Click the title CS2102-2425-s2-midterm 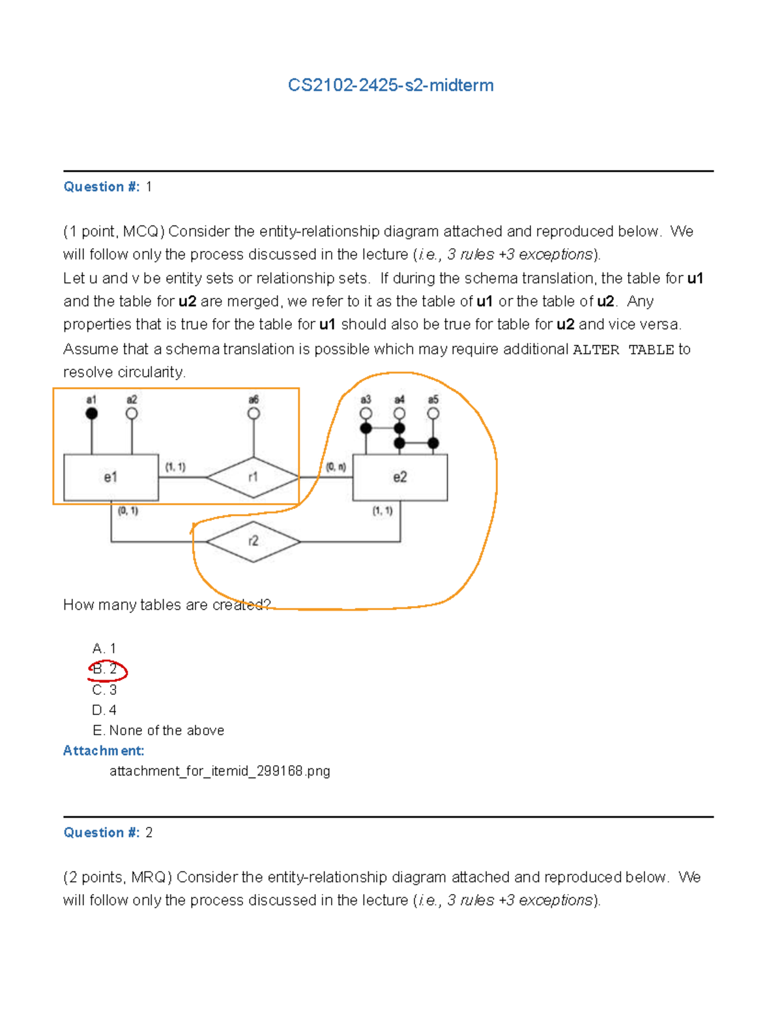(390, 85)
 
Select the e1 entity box (111, 478)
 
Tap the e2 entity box (399, 478)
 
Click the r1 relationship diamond (253, 478)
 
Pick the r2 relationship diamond (253, 542)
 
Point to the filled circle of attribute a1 (92, 413)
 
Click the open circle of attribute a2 (132, 413)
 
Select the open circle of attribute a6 (253, 413)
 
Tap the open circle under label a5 (433, 413)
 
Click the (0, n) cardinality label (336, 467)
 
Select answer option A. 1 (104, 648)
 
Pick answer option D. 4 (104, 710)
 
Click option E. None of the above (158, 730)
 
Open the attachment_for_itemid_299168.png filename (220, 772)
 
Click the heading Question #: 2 (108, 833)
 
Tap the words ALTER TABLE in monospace (623, 350)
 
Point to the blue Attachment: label (104, 751)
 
